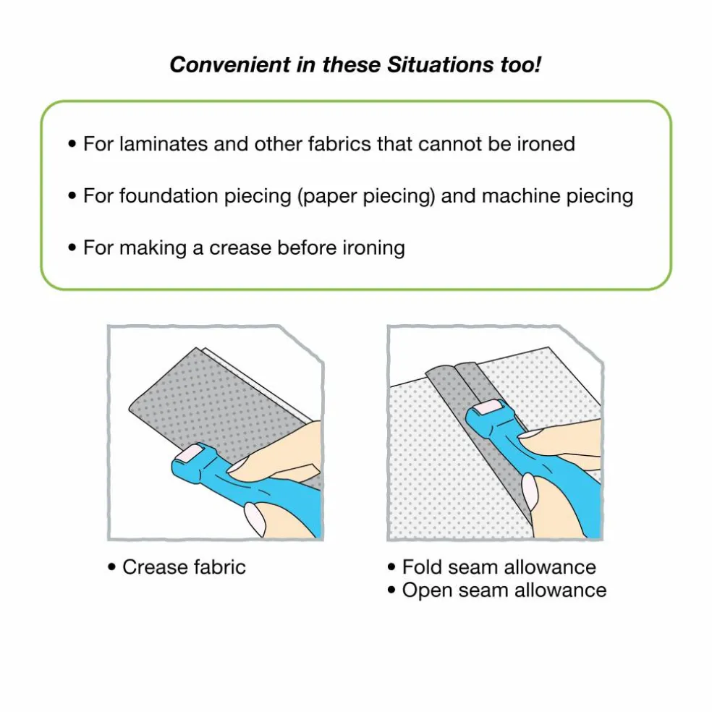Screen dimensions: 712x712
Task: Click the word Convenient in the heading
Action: coord(230,64)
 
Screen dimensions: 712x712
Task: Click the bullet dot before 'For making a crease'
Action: coord(72,248)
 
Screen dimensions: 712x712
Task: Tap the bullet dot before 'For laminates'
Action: coord(72,144)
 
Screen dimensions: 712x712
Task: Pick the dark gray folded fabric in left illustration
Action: coord(213,399)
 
